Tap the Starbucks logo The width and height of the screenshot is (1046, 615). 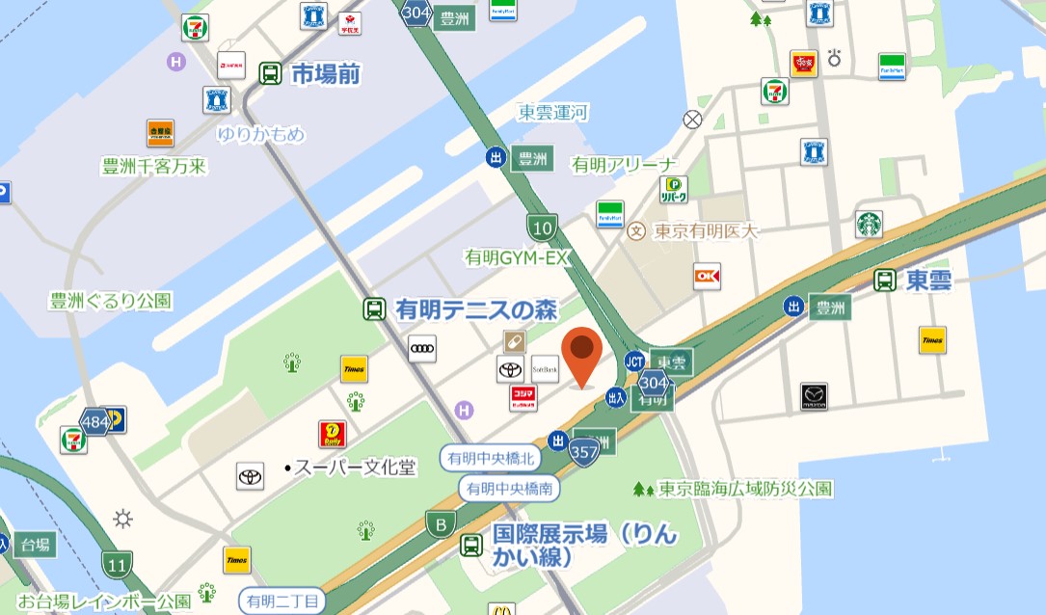coord(870,225)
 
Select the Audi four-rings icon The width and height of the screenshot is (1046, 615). coord(422,348)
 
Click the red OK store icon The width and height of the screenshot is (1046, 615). coord(707,277)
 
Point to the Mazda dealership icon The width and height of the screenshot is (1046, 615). coord(814,396)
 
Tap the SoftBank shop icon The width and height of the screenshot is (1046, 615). coord(545,368)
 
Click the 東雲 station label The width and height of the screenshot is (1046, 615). coord(928,281)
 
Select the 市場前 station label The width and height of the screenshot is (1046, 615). coord(325,73)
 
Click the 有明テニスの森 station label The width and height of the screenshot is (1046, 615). coord(476,310)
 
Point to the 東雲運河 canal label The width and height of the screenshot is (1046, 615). coord(553,113)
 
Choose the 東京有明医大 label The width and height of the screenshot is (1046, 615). coord(706,231)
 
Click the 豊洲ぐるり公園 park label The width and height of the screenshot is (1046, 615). coord(110,301)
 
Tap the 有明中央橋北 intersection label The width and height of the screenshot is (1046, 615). coord(486,458)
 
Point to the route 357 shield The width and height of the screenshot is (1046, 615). coord(584,452)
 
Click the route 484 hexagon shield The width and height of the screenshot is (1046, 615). coord(94,421)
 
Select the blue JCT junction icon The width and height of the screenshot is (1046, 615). coord(634,361)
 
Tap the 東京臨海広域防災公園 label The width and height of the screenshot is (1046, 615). coord(744,489)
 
